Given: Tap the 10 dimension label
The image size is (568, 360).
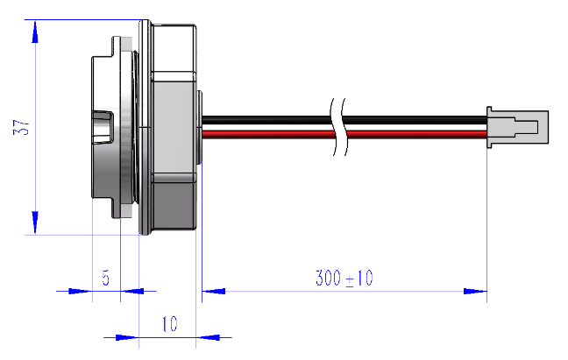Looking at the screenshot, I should click(x=169, y=324).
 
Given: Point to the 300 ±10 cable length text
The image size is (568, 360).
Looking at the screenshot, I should click(x=344, y=279).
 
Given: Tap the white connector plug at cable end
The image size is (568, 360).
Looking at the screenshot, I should click(x=517, y=127).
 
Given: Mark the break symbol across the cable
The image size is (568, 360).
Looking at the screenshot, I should click(x=338, y=127).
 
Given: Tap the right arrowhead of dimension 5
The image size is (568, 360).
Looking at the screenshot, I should click(x=131, y=291).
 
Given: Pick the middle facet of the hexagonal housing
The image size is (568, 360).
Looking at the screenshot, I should click(x=174, y=127).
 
